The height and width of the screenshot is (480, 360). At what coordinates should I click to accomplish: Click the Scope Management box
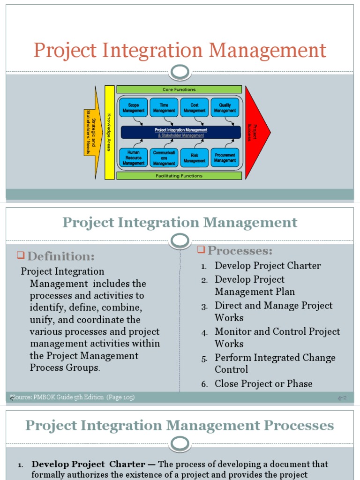[134, 108]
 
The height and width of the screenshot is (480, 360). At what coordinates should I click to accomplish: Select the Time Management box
[164, 108]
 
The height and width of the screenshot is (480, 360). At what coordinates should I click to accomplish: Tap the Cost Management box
[195, 108]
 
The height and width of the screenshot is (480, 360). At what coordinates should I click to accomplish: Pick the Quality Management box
[225, 108]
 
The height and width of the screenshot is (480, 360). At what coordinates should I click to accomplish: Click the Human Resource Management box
[134, 158]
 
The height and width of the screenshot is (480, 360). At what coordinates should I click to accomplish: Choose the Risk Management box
[195, 158]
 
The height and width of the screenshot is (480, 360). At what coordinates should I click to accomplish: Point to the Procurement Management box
[225, 158]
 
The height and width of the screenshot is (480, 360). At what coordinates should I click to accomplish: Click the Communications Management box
[164, 158]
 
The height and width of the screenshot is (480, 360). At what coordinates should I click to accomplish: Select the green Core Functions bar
[179, 89]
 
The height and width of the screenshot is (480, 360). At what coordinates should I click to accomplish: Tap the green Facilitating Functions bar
[179, 176]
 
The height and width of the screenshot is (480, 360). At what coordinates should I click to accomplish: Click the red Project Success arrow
[256, 132]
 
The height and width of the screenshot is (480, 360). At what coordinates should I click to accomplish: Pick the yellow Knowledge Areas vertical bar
[109, 132]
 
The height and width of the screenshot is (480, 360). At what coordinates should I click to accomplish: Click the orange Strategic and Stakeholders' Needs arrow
[92, 132]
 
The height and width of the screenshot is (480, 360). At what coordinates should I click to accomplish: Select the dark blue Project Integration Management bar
[181, 132]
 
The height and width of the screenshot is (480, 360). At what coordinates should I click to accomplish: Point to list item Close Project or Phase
[263, 384]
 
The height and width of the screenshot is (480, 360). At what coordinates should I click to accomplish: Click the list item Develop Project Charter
[268, 266]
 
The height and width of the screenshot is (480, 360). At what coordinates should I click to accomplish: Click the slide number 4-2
[342, 398]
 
